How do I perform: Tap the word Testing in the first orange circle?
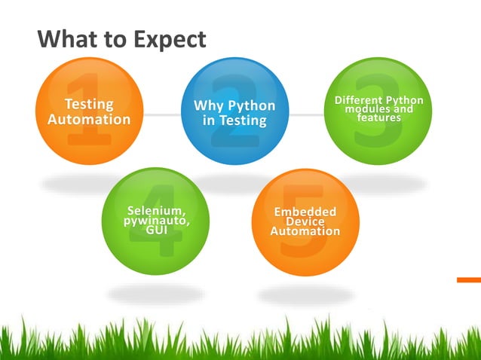pyautogui.click(x=89, y=104)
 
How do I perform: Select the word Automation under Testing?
pyautogui.click(x=89, y=119)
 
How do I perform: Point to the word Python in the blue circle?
pyautogui.click(x=251, y=105)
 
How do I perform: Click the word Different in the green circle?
pyautogui.click(x=358, y=100)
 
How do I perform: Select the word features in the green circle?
pyautogui.click(x=379, y=117)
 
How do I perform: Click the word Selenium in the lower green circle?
pyautogui.click(x=155, y=209)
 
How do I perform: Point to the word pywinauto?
pyautogui.click(x=156, y=221)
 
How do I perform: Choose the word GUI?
pyautogui.click(x=156, y=230)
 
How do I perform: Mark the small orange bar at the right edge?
pyautogui.click(x=468, y=279)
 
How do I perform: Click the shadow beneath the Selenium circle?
pyautogui.click(x=155, y=292)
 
